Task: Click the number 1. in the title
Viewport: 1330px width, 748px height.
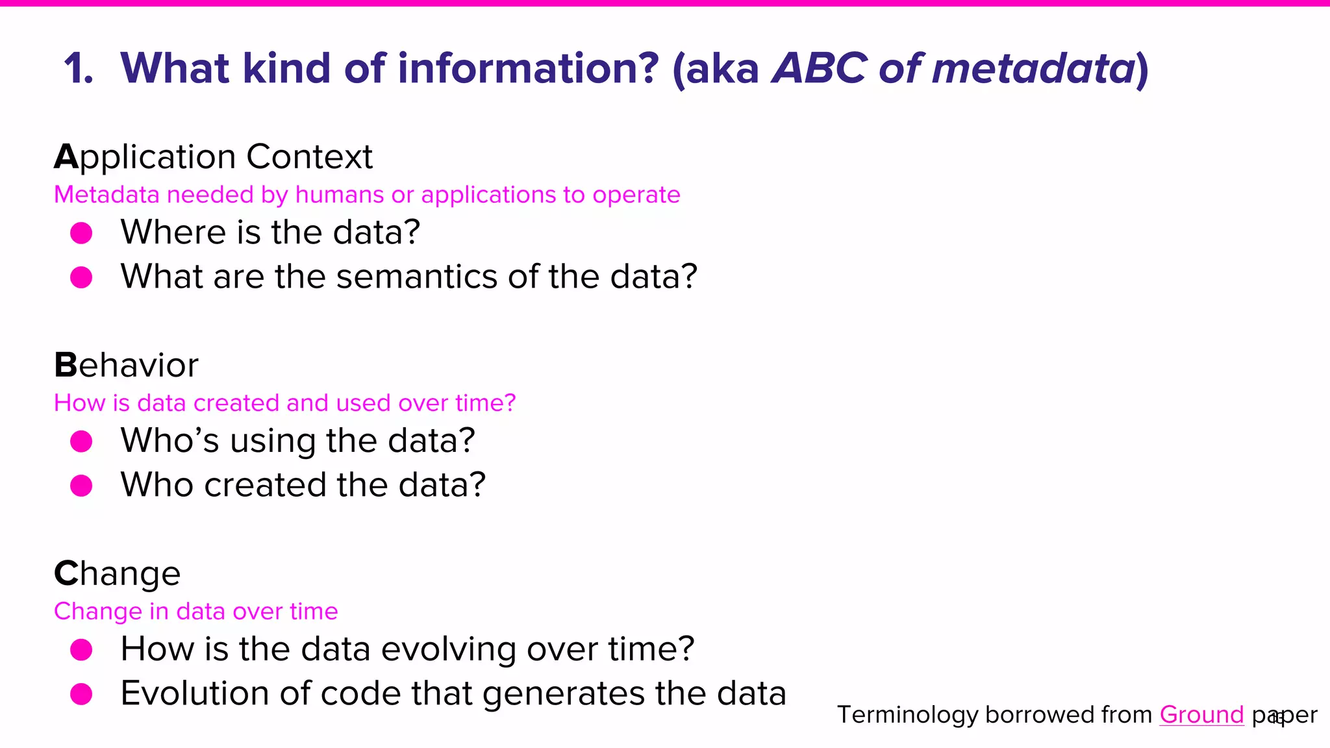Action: click(79, 69)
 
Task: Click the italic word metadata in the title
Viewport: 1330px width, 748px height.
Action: click(1033, 69)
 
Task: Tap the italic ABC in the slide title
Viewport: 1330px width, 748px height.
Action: click(819, 69)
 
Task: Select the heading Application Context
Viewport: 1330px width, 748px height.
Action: click(213, 156)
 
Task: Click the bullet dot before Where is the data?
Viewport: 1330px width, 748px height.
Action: click(81, 233)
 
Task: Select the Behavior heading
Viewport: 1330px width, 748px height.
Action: click(126, 365)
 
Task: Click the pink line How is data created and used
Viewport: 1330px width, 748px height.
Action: click(284, 403)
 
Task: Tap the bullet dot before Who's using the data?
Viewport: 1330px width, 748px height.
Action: click(81, 442)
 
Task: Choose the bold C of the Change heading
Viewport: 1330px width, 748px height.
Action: click(66, 574)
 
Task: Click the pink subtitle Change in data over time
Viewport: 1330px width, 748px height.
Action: click(195, 612)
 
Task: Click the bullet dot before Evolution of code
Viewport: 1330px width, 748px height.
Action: click(81, 693)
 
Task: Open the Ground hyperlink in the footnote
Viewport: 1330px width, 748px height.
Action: click(1201, 715)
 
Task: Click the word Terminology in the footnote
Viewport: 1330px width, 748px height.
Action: click(907, 715)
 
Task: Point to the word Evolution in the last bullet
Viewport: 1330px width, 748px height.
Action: click(195, 693)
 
